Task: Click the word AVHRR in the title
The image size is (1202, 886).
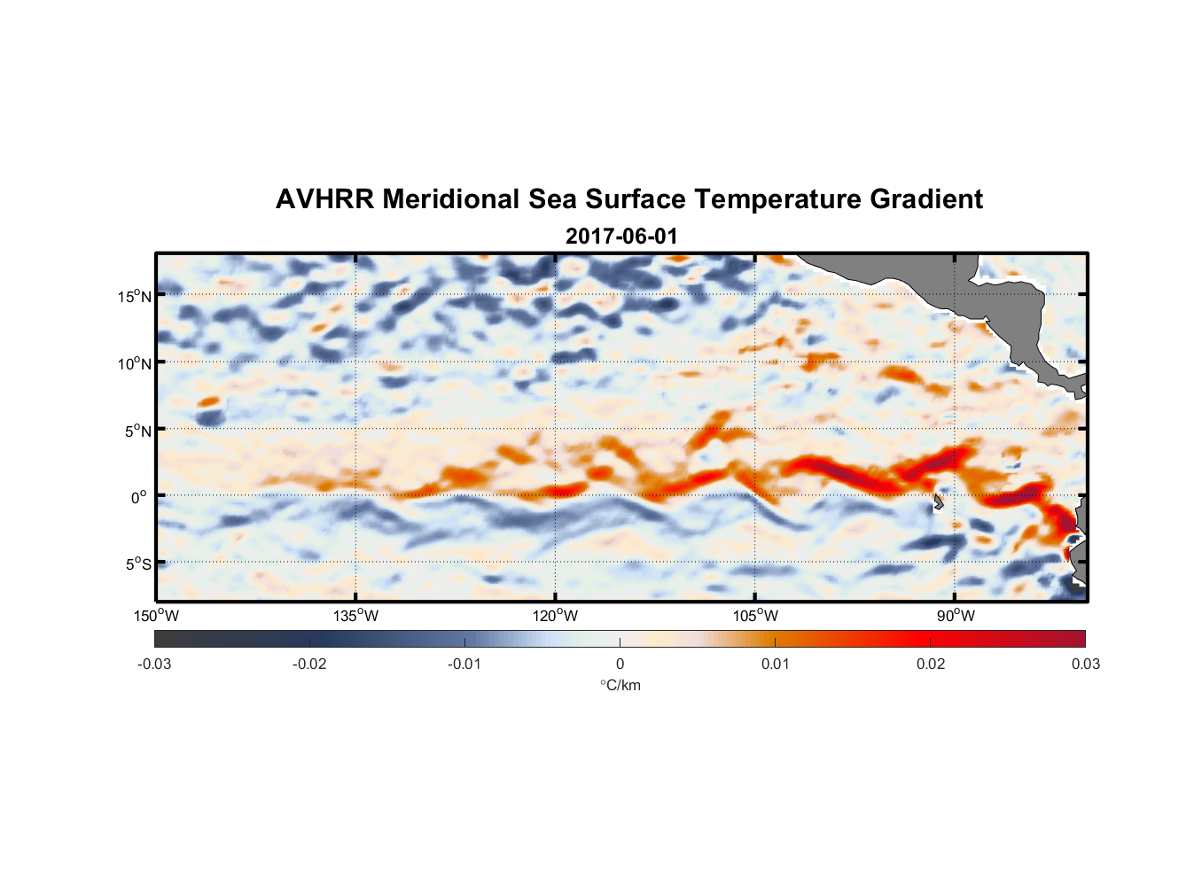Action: tap(324, 199)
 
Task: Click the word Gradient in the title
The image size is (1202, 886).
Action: tap(926, 199)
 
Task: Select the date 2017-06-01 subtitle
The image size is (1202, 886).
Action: tap(621, 237)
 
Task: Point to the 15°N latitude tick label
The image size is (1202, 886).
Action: tap(135, 296)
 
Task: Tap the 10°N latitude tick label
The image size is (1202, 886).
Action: tap(135, 363)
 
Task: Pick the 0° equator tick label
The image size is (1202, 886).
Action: tap(139, 497)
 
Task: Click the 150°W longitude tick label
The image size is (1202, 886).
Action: tap(157, 616)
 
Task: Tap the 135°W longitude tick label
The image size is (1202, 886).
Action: tap(356, 616)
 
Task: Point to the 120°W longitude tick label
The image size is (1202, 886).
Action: tap(556, 616)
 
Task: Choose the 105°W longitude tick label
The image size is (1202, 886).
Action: tap(755, 616)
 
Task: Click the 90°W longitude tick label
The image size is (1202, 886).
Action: tap(956, 616)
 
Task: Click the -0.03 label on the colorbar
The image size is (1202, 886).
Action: tap(154, 664)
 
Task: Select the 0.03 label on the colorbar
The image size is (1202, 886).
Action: tap(1085, 664)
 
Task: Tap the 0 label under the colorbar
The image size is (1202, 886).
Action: tap(620, 664)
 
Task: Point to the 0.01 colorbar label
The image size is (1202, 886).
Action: tap(775, 664)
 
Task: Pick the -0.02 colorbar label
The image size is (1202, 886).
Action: tap(309, 664)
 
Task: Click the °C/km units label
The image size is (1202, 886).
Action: tap(621, 685)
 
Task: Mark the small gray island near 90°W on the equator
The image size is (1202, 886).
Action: tap(938, 502)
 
